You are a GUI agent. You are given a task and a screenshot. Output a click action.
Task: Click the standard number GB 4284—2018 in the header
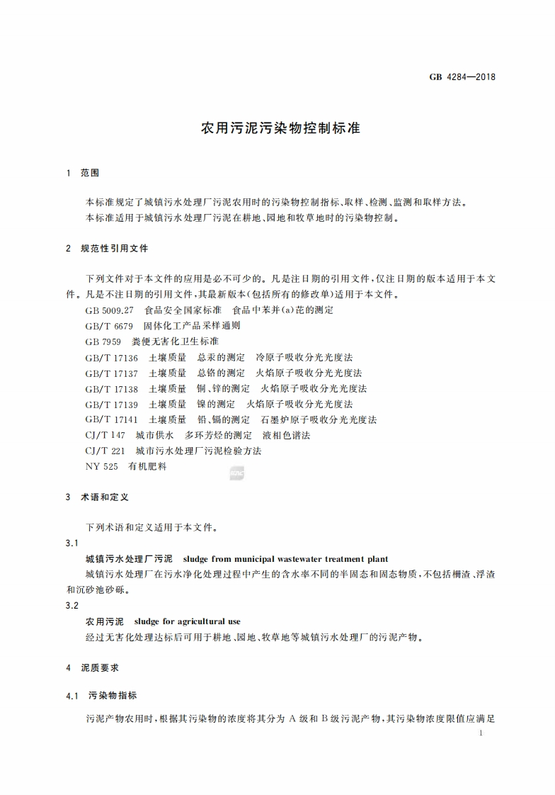(462, 77)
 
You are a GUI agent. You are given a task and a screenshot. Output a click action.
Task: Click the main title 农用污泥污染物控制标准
(281, 129)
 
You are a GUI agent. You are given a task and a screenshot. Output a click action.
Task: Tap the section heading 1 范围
(83, 173)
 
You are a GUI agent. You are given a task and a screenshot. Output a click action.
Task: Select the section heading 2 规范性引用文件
(107, 249)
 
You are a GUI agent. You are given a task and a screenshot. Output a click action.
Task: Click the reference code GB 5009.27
(109, 310)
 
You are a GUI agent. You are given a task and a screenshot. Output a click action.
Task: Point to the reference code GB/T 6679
(109, 326)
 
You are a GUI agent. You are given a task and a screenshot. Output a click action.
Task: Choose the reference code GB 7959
(103, 342)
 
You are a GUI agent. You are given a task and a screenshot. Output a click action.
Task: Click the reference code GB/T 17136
(112, 357)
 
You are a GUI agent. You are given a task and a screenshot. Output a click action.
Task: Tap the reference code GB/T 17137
(112, 373)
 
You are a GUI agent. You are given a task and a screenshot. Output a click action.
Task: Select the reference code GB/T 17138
(112, 388)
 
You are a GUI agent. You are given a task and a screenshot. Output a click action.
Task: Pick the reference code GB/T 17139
(112, 404)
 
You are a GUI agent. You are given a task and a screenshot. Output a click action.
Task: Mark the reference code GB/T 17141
(112, 419)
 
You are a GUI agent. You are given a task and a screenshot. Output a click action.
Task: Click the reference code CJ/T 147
(105, 435)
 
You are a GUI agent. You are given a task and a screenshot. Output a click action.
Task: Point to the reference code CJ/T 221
(105, 451)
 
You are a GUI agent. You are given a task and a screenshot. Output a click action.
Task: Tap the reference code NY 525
(101, 466)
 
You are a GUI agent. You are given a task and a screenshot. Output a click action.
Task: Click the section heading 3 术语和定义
(97, 497)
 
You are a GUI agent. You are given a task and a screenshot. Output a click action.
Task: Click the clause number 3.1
(71, 543)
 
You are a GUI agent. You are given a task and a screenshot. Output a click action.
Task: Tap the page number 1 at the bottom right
(481, 734)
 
